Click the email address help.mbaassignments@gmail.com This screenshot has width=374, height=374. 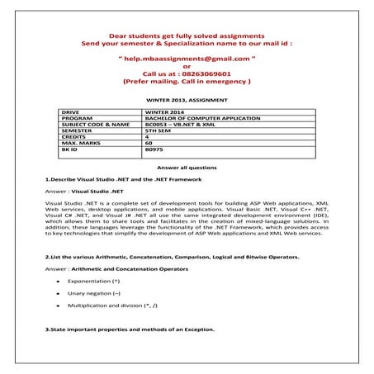[187, 60]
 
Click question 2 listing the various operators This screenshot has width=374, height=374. [172, 257]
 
